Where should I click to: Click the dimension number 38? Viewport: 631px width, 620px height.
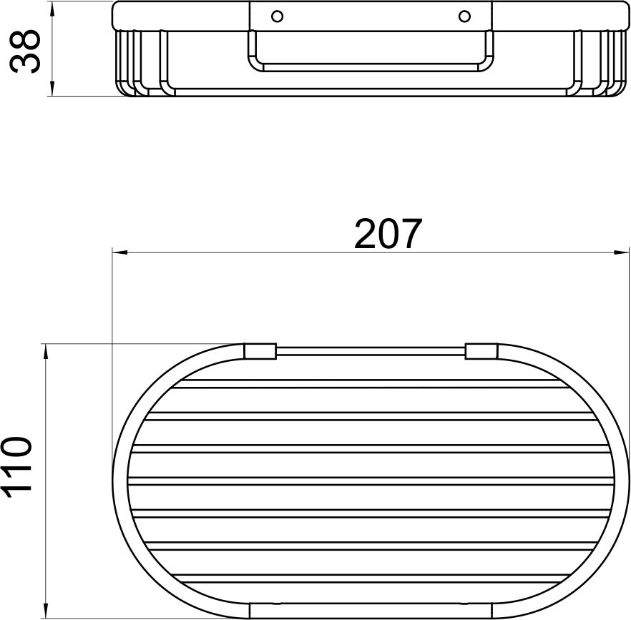click(25, 51)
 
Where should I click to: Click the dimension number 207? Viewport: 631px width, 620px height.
click(388, 233)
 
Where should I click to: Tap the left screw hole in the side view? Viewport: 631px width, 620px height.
click(277, 16)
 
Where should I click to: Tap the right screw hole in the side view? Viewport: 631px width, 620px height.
click(464, 16)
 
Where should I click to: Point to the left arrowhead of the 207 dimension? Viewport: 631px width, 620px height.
click(119, 252)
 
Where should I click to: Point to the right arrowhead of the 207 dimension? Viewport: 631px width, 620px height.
click(621, 252)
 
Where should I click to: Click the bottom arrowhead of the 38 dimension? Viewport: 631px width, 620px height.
click(52, 88)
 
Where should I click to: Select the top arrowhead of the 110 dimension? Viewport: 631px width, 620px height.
click(47, 352)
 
